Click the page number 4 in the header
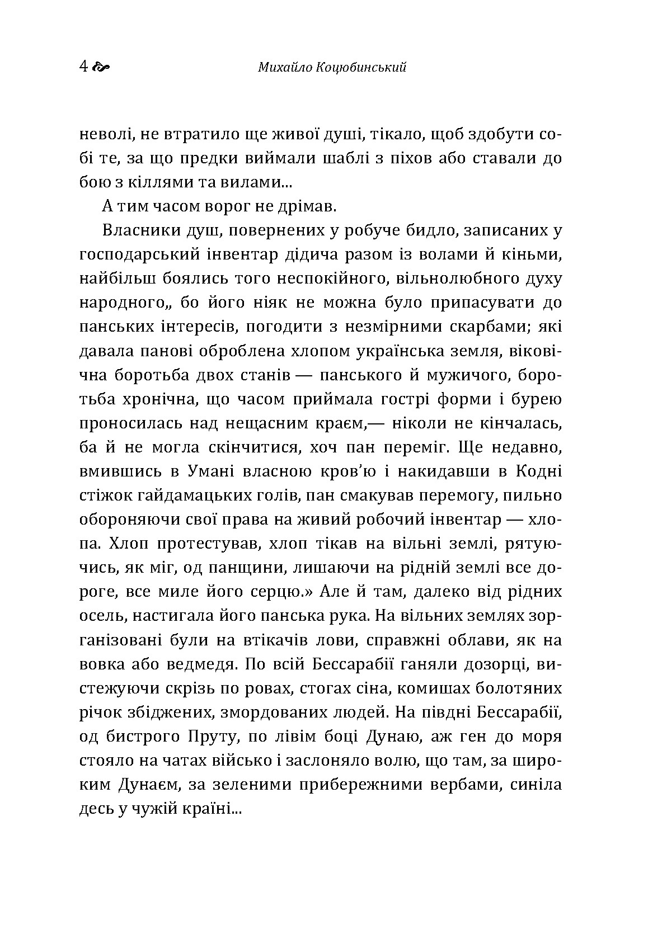click(83, 67)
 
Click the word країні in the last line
click(209, 808)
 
